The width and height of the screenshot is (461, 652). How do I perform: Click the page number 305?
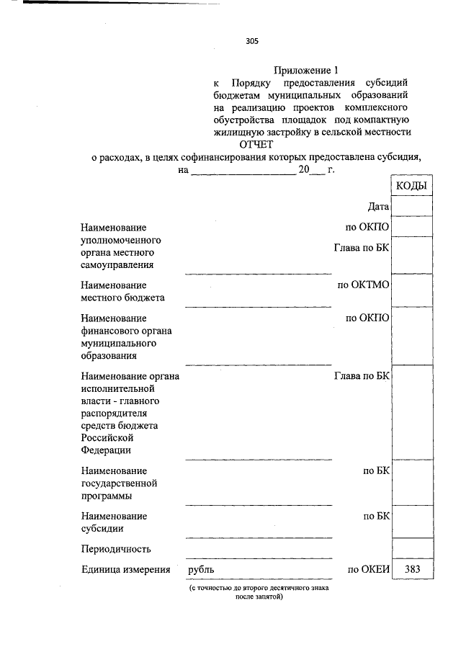click(x=251, y=42)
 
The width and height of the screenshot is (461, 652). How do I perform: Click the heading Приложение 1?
click(x=305, y=71)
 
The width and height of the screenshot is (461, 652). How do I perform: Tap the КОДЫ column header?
click(x=411, y=186)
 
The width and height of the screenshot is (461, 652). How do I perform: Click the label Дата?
click(x=378, y=207)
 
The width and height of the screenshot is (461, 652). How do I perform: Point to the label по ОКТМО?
click(x=363, y=285)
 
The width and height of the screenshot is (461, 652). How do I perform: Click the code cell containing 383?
click(x=412, y=569)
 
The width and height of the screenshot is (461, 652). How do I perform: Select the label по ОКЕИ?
click(x=368, y=570)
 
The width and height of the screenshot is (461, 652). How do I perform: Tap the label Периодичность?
click(x=116, y=549)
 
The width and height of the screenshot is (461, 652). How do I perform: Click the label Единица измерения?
click(x=125, y=570)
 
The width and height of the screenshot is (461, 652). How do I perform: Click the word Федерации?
click(x=106, y=450)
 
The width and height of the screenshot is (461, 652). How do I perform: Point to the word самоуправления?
click(x=117, y=265)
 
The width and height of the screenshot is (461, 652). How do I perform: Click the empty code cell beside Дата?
click(x=412, y=206)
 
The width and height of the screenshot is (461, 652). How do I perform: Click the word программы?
click(x=107, y=496)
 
